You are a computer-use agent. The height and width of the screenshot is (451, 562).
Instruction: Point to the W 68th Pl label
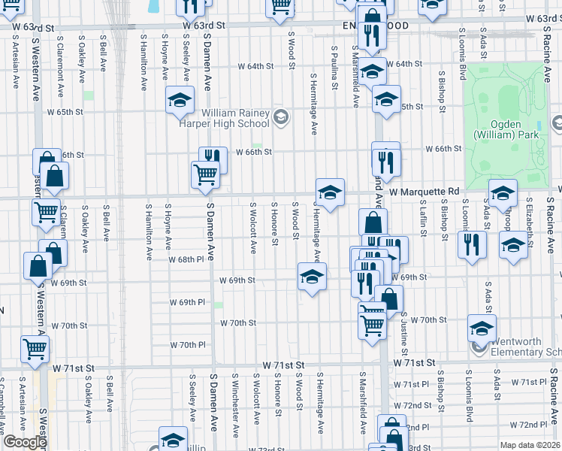(x=188, y=259)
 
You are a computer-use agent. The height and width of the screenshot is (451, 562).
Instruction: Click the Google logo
(x=25, y=442)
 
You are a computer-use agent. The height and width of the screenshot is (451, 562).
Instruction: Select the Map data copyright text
(x=530, y=445)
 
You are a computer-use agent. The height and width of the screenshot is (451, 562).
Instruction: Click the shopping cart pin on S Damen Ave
(x=206, y=174)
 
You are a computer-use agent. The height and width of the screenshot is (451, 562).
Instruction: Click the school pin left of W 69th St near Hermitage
(x=312, y=276)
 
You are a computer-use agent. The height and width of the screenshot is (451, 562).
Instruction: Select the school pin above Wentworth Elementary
(x=482, y=327)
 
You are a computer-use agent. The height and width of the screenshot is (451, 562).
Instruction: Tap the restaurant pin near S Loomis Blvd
(x=472, y=245)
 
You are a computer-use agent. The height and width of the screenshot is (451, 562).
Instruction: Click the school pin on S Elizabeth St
(x=514, y=245)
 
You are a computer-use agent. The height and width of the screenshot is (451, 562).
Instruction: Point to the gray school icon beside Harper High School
(x=280, y=116)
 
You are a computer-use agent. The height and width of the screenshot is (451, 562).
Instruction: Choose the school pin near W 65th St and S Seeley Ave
(x=180, y=99)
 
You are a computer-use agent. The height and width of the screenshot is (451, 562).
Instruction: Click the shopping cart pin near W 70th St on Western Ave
(x=35, y=348)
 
